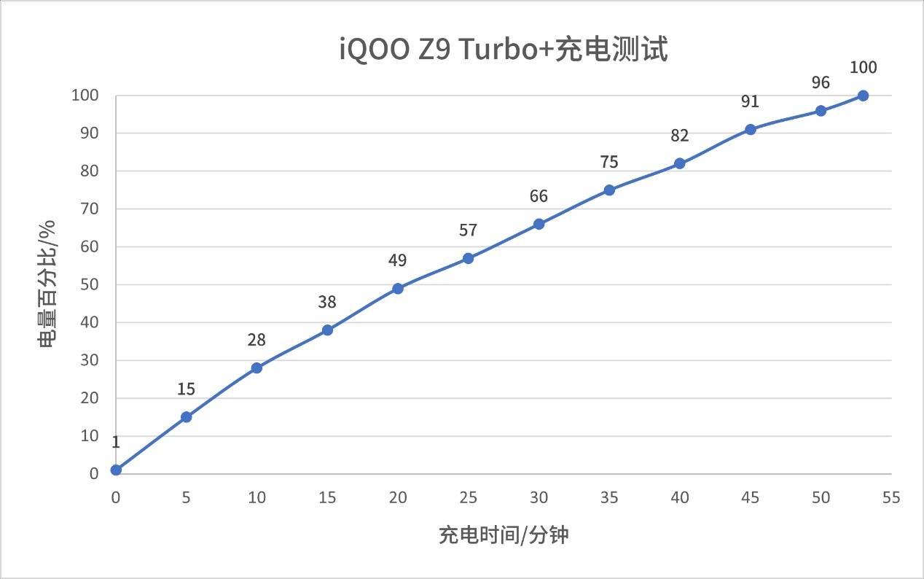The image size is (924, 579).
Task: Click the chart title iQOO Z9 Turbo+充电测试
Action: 504,50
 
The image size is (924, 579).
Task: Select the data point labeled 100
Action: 863,96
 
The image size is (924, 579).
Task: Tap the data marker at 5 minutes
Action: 186,417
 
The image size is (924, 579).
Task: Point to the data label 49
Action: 398,261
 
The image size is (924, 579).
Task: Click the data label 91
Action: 750,101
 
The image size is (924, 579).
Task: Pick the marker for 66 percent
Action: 539,224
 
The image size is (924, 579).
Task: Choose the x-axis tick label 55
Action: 890,497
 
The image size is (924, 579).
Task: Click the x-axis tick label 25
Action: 468,497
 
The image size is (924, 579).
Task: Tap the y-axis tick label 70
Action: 89,209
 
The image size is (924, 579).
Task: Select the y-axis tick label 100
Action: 85,96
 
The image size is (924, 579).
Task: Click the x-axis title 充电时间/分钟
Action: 504,535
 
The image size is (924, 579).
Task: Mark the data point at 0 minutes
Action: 116,470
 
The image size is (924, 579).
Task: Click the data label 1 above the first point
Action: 116,442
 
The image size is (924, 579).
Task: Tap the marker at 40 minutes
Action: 679,163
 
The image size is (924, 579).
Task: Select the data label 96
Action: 821,83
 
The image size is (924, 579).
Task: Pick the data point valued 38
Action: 327,330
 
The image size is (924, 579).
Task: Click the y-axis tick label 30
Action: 89,360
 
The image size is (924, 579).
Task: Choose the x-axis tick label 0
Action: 116,497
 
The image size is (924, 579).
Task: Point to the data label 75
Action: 609,163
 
